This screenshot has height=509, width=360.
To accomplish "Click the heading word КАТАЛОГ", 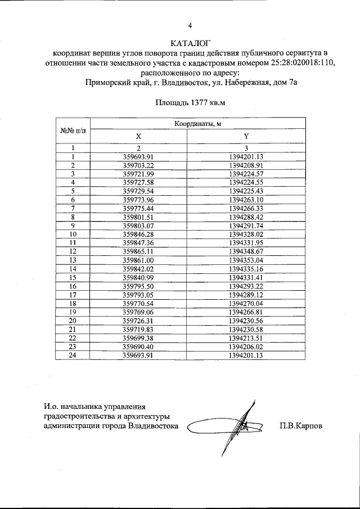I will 190,42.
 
